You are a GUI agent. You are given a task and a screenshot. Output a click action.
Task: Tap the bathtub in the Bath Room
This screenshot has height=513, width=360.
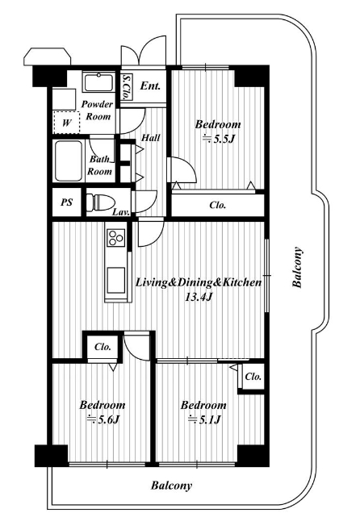coord(69,161)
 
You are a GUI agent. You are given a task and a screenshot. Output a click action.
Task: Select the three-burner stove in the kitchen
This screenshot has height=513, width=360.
coord(116,237)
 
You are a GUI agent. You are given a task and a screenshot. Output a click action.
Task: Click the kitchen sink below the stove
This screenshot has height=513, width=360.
coord(116,281)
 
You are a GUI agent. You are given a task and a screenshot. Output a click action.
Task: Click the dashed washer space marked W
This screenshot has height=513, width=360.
coord(66,123)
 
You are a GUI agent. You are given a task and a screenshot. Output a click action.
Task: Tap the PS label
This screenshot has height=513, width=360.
coord(66,202)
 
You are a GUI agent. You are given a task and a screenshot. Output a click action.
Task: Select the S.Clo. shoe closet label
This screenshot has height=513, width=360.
coord(126,86)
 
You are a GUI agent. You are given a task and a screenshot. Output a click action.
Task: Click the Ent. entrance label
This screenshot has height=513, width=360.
coord(150,85)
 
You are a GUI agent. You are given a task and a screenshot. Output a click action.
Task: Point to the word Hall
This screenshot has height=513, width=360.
coord(151,137)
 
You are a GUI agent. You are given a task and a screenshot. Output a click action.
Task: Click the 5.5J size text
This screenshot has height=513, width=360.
coord(219,139)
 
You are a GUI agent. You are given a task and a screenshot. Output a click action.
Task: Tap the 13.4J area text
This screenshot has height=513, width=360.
coord(199,297)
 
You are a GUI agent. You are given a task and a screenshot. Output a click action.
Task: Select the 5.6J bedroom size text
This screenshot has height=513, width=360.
coord(103,419)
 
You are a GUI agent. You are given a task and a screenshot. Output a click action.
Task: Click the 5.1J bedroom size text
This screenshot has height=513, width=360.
coord(204,419)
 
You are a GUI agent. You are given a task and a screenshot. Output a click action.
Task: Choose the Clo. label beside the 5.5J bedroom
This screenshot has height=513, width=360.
coord(218,205)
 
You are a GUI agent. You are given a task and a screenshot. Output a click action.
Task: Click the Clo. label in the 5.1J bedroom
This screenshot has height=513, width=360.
coord(253,377)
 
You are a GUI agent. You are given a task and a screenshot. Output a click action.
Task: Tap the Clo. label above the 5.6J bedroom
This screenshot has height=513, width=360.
coord(103,347)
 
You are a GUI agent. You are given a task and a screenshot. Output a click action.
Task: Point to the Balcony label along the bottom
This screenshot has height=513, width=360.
coord(171,486)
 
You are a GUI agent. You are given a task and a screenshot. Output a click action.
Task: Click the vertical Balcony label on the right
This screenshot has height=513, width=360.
coord(297,267)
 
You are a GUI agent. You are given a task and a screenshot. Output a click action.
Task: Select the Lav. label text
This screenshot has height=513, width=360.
coord(121,211)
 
